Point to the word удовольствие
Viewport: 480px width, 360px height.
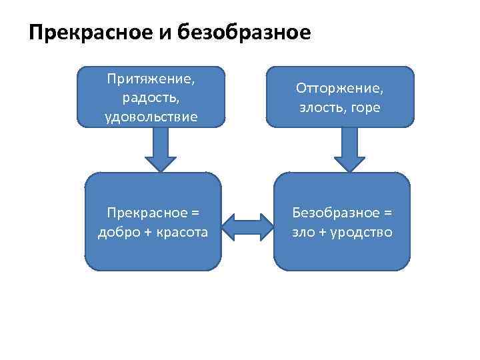[x=151, y=117]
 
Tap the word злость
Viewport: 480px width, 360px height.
[x=317, y=107]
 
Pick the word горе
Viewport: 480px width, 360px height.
[x=366, y=107]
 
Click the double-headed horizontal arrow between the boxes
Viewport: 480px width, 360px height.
[x=247, y=225]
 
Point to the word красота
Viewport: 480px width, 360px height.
[x=181, y=232]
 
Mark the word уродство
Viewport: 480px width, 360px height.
[x=363, y=232]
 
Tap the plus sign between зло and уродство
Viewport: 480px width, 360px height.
[x=325, y=233]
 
